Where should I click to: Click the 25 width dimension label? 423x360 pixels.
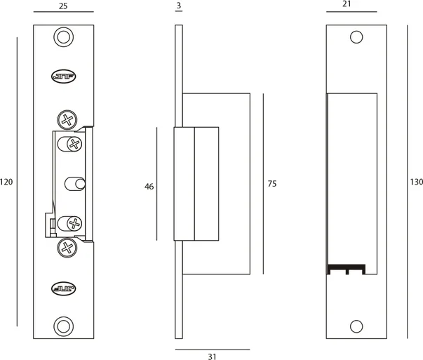pos(63,6)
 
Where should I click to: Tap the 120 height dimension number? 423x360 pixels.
pos(6,182)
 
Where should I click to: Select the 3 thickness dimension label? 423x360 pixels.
pos(179,6)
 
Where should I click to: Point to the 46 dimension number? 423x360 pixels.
pos(149,187)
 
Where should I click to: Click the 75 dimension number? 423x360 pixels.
pos(272,183)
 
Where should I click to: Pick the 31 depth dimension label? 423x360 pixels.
pos(213,356)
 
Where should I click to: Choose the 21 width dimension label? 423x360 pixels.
pos(347,4)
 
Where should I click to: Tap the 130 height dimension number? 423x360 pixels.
pos(417,182)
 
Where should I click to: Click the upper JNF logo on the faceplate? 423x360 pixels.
pos(64,76)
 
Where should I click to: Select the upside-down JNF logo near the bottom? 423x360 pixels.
pos(64,288)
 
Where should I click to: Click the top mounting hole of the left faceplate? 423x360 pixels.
pos(64,37)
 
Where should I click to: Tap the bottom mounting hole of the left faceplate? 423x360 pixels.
pos(64,326)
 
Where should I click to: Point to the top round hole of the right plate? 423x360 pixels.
pos(356,37)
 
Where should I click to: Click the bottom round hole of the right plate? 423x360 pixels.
pos(356,326)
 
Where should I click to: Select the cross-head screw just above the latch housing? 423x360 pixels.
pos(67,120)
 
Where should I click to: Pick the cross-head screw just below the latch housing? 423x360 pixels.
pos(67,248)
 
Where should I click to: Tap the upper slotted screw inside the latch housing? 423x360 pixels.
pos(70,144)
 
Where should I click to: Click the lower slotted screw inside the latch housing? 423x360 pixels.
pos(70,223)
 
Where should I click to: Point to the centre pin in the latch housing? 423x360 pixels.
pos(75,184)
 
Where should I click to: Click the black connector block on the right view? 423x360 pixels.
pos(347,269)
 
